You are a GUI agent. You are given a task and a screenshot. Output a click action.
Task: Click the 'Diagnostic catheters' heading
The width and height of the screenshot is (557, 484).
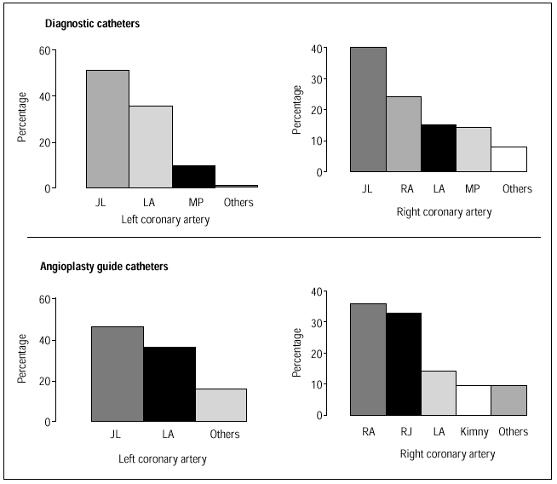92,24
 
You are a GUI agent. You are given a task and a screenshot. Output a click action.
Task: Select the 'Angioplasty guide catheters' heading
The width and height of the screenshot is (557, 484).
103,267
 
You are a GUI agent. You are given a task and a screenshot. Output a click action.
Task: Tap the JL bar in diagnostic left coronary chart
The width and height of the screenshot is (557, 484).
107,129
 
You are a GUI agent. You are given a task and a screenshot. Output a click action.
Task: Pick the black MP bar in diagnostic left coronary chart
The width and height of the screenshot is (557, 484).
193,176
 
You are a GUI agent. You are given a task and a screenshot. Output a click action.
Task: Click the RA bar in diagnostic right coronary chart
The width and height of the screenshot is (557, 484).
404,134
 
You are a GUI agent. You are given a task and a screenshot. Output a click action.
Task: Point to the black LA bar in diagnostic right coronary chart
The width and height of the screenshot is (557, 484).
439,148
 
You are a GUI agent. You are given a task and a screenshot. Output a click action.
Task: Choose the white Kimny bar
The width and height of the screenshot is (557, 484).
474,400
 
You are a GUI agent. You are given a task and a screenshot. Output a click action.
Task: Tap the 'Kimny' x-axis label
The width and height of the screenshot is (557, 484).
474,432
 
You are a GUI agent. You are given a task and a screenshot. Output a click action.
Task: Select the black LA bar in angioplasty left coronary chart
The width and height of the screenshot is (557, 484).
169,384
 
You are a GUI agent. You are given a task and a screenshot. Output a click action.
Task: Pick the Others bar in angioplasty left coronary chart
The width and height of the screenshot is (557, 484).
221,405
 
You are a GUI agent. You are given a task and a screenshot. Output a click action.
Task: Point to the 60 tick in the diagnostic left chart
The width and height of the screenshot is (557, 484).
43,51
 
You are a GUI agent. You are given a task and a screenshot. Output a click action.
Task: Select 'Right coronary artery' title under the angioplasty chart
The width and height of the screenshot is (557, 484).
447,454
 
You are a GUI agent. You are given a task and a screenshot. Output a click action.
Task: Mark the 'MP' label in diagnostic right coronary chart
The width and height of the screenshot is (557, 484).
474,189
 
